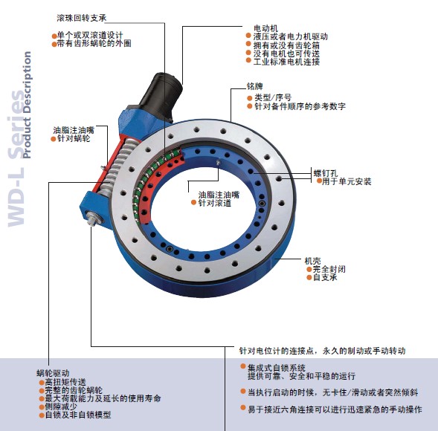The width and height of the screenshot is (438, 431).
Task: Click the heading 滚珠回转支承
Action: pyautogui.click(x=82, y=18)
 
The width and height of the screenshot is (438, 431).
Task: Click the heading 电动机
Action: pyautogui.click(x=265, y=28)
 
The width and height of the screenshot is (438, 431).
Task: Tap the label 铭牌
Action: pyautogui.click(x=254, y=86)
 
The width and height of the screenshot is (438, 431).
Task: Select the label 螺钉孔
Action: pyautogui.click(x=326, y=173)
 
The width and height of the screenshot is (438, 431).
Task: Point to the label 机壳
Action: pyautogui.click(x=312, y=261)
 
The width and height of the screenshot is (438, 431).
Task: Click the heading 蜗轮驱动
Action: pyautogui.click(x=53, y=373)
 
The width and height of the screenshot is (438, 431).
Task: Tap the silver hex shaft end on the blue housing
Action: pyautogui.click(x=93, y=217)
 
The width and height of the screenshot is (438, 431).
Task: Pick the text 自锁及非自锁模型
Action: pyautogui.click(x=78, y=415)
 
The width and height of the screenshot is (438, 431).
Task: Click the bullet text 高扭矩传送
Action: pyautogui.click(x=65, y=382)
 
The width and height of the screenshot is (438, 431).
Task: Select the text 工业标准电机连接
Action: pyautogui.click(x=286, y=62)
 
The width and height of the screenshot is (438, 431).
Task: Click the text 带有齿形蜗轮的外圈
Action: pyautogui.click(x=94, y=44)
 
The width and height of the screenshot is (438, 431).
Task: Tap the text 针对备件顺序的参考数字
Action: pyautogui.click(x=300, y=106)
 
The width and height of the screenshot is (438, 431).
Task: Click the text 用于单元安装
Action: pyautogui.click(x=347, y=182)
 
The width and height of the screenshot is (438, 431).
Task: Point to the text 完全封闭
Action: pyautogui.click(x=329, y=269)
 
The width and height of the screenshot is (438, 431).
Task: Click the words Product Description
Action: pyautogui.click(x=27, y=105)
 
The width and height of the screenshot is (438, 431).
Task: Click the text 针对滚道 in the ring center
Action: pyautogui.click(x=215, y=203)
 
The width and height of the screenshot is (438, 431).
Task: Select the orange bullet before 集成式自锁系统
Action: pyautogui.click(x=243, y=366)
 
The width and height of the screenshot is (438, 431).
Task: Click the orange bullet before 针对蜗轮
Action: pyautogui.click(x=54, y=139)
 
